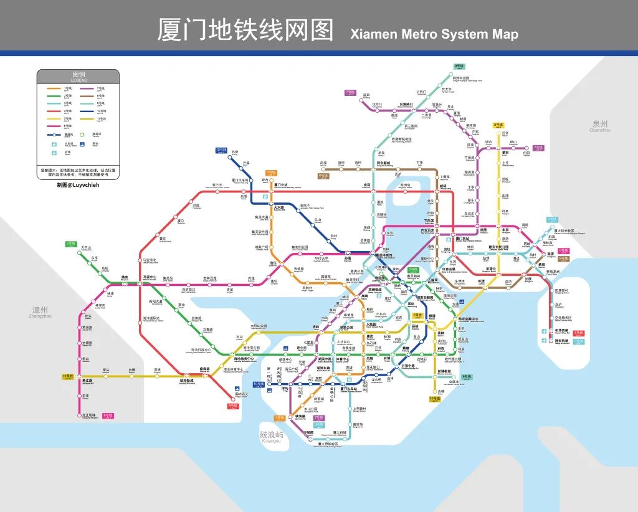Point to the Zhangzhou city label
[x=40, y=311]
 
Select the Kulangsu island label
[x=271, y=437]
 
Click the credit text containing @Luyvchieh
[x=78, y=185]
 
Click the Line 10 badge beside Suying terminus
[x=221, y=150]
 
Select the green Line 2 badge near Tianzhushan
[x=70, y=244]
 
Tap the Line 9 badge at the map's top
[x=459, y=66]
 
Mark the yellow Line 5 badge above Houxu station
[x=498, y=125]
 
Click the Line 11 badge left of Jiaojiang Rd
[x=68, y=377]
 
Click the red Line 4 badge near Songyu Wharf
[x=233, y=406]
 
